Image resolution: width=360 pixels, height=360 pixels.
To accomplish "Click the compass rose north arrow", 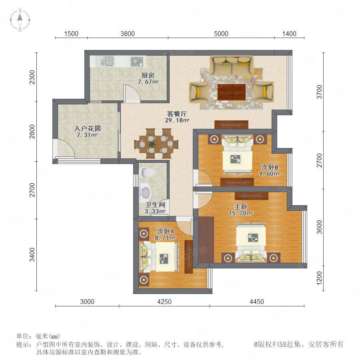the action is tap(20, 17).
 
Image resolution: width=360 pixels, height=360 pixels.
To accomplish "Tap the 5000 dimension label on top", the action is tap(221, 34).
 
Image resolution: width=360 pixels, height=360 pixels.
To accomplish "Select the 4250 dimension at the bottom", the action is tap(164, 302).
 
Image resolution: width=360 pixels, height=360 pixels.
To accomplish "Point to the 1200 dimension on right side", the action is tap(319, 278).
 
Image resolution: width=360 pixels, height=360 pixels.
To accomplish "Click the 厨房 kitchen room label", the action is tap(148, 75).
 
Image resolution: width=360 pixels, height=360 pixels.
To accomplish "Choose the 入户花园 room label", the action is tap(88, 128).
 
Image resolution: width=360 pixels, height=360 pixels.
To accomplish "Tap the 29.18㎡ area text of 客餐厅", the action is tap(177, 120).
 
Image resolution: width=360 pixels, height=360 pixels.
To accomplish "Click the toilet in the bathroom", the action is tap(146, 173).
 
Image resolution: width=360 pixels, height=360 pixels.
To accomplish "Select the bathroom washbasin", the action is tap(145, 192).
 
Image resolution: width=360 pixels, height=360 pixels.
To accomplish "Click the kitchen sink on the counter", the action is tap(107, 62).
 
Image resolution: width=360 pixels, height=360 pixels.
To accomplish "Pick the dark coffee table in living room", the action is tap(232, 92).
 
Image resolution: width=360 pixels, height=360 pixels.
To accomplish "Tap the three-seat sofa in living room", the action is tap(232, 65).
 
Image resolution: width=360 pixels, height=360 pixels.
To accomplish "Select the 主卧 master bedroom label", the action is tap(241, 207).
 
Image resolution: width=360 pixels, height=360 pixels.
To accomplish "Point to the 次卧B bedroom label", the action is tap(270, 167).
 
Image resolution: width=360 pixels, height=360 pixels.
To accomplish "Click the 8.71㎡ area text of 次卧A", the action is tap(165, 238).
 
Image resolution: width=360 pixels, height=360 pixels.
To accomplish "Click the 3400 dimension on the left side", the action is tap(32, 255).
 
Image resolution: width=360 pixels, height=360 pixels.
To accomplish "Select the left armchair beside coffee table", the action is tap(199, 92).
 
